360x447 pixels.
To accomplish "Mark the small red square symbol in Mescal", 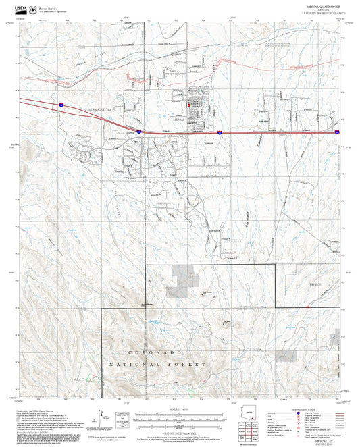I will click(x=188, y=104).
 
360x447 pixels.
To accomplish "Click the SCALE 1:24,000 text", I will click(x=180, y=409).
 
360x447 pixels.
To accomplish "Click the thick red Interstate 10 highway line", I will click(x=101, y=118).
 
